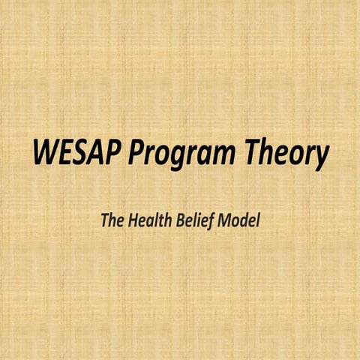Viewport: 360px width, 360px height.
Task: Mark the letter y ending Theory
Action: click(323, 158)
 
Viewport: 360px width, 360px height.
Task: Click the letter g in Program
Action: click(181, 158)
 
